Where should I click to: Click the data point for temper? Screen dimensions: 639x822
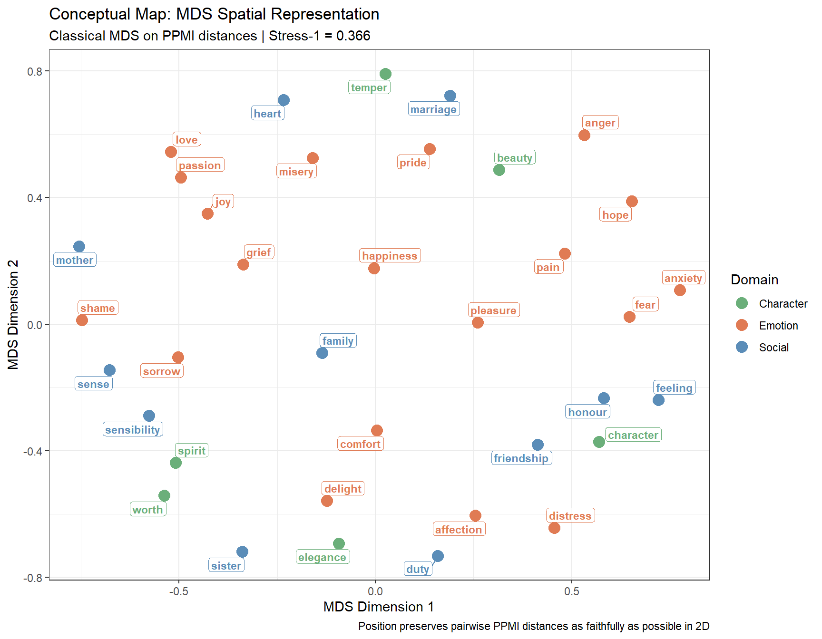[385, 74]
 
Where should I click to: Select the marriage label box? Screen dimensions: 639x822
[433, 109]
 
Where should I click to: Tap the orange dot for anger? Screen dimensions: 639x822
[584, 136]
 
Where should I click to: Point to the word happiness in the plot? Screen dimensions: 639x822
[390, 256]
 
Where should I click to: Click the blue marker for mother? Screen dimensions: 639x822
[79, 246]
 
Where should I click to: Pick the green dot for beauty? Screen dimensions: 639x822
[499, 170]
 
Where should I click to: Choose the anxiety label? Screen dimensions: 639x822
[683, 278]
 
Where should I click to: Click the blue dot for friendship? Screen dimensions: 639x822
[538, 445]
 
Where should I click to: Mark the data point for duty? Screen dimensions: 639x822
[438, 556]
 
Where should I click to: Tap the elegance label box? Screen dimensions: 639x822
[323, 557]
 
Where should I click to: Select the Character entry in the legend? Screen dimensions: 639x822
[783, 304]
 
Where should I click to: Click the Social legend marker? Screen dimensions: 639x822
[742, 347]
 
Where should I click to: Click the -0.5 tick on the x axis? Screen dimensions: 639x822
[179, 591]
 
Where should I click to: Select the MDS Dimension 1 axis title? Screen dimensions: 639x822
[378, 607]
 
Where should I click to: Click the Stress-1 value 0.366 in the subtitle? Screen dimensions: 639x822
[353, 36]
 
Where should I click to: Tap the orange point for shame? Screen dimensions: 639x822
[82, 320]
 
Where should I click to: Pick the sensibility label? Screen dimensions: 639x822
[133, 430]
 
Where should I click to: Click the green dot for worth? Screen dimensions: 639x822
[164, 496]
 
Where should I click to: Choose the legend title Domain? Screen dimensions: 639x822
[754, 280]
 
